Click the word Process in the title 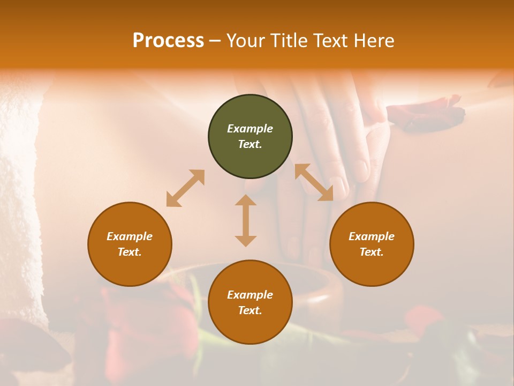[168, 41]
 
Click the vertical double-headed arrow [246, 220]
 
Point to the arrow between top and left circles [185, 188]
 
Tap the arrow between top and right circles [314, 182]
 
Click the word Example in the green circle [250, 129]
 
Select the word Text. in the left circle [130, 252]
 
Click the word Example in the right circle [372, 236]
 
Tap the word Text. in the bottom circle [250, 310]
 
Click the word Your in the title [245, 41]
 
